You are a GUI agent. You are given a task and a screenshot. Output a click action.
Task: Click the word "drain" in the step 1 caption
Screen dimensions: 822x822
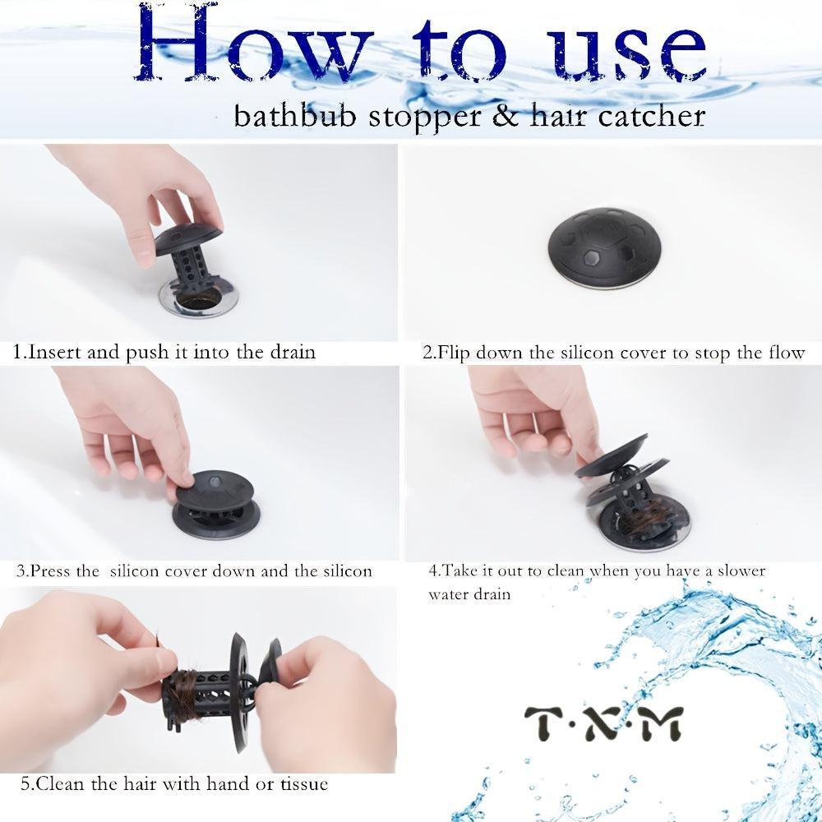pyautogui.click(x=293, y=352)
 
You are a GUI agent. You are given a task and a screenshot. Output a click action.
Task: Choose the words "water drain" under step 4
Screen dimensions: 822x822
pyautogui.click(x=469, y=594)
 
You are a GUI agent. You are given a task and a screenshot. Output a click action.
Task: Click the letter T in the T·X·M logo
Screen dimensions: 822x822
pyautogui.click(x=543, y=723)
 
